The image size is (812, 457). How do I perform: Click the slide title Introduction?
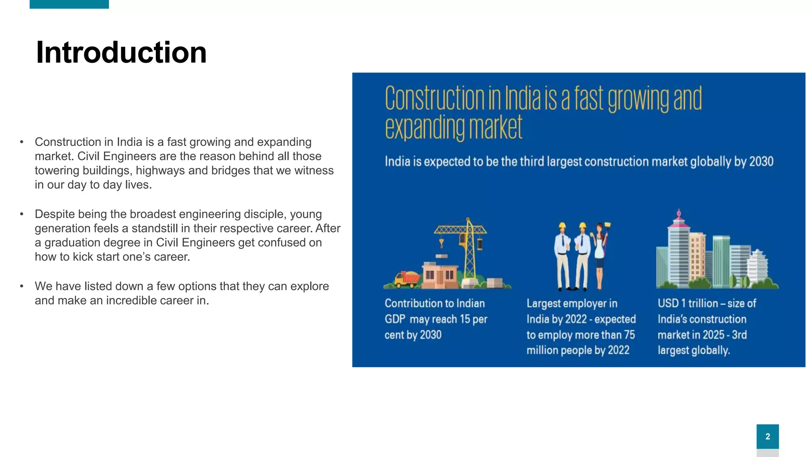pos(121,53)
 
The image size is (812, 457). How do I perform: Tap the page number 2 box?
pos(767,436)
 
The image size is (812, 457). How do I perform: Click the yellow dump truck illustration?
pos(406,278)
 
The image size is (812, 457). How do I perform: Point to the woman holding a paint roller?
pos(601,256)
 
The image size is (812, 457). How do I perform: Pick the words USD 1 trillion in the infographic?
pos(688,303)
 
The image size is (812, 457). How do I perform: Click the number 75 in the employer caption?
pos(629,335)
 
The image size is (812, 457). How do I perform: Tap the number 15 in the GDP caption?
pos(465,319)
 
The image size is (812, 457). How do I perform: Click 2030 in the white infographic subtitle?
pos(761,162)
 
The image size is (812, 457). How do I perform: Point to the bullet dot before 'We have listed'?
pos(22,286)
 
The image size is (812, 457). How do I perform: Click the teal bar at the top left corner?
pos(69,4)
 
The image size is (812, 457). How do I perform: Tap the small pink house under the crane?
pos(438,275)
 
